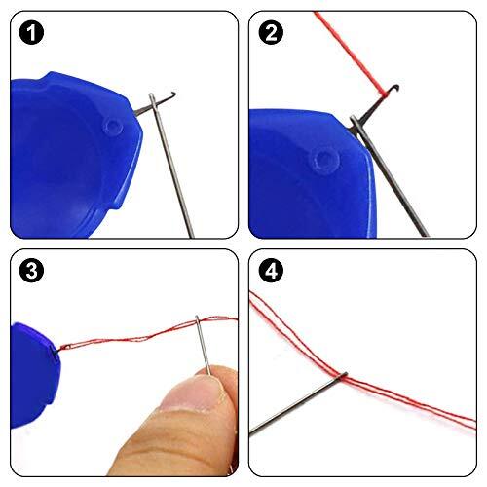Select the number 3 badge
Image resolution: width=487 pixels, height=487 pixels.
tap(32, 272)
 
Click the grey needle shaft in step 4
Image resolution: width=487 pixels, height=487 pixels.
tap(292, 404)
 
